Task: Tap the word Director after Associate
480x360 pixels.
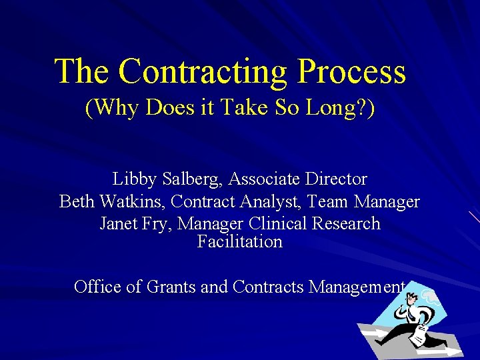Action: [x=337, y=179]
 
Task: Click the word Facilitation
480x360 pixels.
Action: [x=240, y=241]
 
